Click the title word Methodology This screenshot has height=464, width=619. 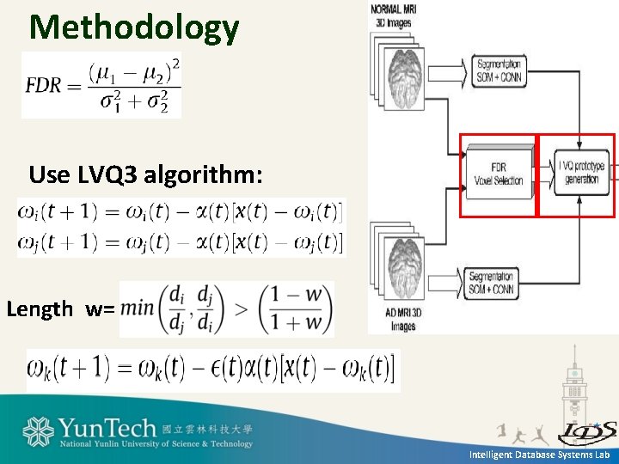pos(134,27)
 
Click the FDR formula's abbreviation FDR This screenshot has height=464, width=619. pos(42,86)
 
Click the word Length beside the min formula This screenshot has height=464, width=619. pos(40,309)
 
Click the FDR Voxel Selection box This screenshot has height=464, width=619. pos(498,174)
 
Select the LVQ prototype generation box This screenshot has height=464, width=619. pos(581,172)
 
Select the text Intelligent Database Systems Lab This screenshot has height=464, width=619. pos(539,454)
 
